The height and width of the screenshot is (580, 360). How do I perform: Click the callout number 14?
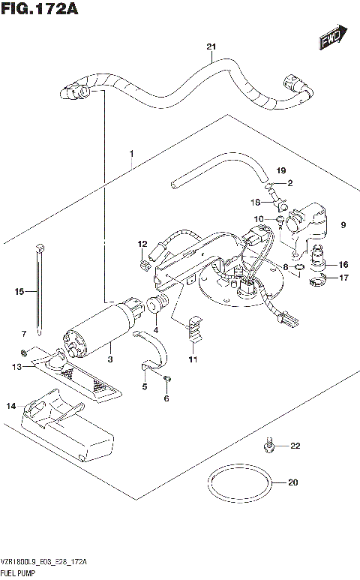pyautogui.click(x=10, y=406)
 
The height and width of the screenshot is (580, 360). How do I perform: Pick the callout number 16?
pyautogui.click(x=343, y=264)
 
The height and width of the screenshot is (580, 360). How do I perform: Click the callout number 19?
pyautogui.click(x=281, y=170)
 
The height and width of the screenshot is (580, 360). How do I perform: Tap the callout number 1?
pyautogui.click(x=130, y=154)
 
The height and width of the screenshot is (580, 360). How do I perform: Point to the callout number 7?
pyautogui.click(x=24, y=332)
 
